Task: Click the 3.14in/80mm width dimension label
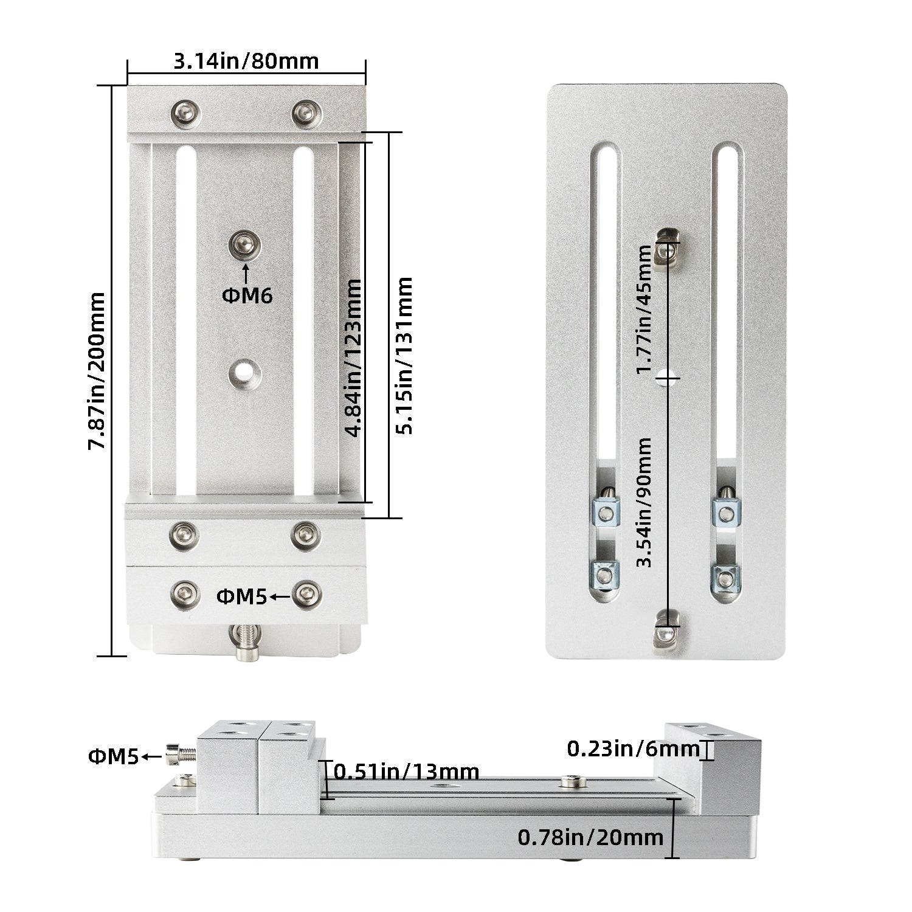pos(246,61)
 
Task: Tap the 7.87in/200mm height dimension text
pos(97,371)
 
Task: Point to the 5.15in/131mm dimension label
pos(404,355)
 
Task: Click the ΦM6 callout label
pos(247,295)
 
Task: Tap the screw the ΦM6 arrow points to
pos(244,244)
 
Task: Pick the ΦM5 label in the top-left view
pos(241,596)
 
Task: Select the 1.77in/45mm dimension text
pos(643,310)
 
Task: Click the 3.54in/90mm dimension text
pos(643,502)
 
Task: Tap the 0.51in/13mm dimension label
pos(407,772)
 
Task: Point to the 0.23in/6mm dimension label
pos(633,748)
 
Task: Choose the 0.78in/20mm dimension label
pos(590,837)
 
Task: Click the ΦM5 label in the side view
pos(114,757)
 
